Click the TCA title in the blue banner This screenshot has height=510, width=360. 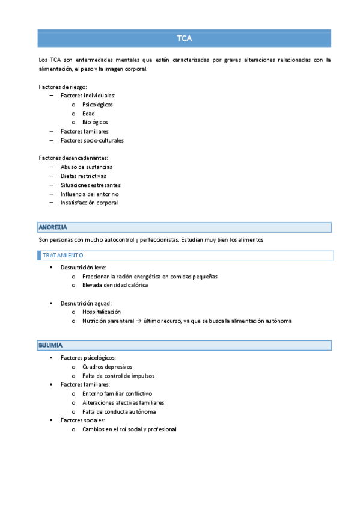coord(184,38)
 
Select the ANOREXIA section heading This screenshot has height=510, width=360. coord(53,227)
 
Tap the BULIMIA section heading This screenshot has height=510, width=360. coord(50,345)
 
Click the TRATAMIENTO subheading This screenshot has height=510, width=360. coord(63,256)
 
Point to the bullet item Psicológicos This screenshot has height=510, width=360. coord(98,105)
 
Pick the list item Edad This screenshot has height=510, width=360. coord(89,114)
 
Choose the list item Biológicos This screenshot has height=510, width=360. coord(96,122)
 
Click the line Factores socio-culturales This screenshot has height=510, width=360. coord(92,140)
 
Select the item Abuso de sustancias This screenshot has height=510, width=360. coord(87,167)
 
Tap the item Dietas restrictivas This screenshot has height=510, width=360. coord(84,176)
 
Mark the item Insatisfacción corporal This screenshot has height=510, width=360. coord(89,203)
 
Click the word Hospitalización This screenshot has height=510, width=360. coord(102,312)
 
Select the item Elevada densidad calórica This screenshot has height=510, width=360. coord(115,285)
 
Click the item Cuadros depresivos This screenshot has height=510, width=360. coord(108,366)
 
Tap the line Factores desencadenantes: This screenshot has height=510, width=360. coord(69,158)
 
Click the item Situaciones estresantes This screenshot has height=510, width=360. coord(90,185)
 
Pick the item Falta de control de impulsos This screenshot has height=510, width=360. coord(118,375)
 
